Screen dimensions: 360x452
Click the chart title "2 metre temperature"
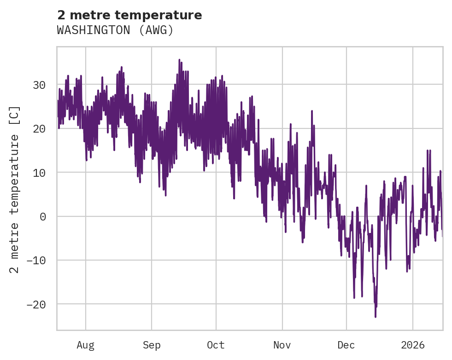coord(129,15)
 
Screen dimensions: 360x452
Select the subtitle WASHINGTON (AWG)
coord(115,30)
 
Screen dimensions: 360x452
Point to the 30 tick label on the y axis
coord(39,85)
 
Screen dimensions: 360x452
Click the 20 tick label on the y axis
coord(39,128)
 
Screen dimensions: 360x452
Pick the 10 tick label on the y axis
coord(39,173)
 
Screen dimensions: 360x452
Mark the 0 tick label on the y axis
coord(43,216)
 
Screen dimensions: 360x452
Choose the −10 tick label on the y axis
coord(35,261)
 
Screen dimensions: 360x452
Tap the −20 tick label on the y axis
coord(35,304)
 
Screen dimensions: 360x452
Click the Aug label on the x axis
coord(85,345)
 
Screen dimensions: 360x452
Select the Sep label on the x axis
coord(152,345)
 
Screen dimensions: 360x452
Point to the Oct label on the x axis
coord(216,345)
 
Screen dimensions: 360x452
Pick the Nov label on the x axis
coord(282,345)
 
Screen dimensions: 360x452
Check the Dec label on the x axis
coord(346,345)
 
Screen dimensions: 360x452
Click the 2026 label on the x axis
coord(412,345)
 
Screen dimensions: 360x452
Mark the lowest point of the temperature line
coord(376,317)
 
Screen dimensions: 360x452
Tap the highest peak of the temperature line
coord(179,60)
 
